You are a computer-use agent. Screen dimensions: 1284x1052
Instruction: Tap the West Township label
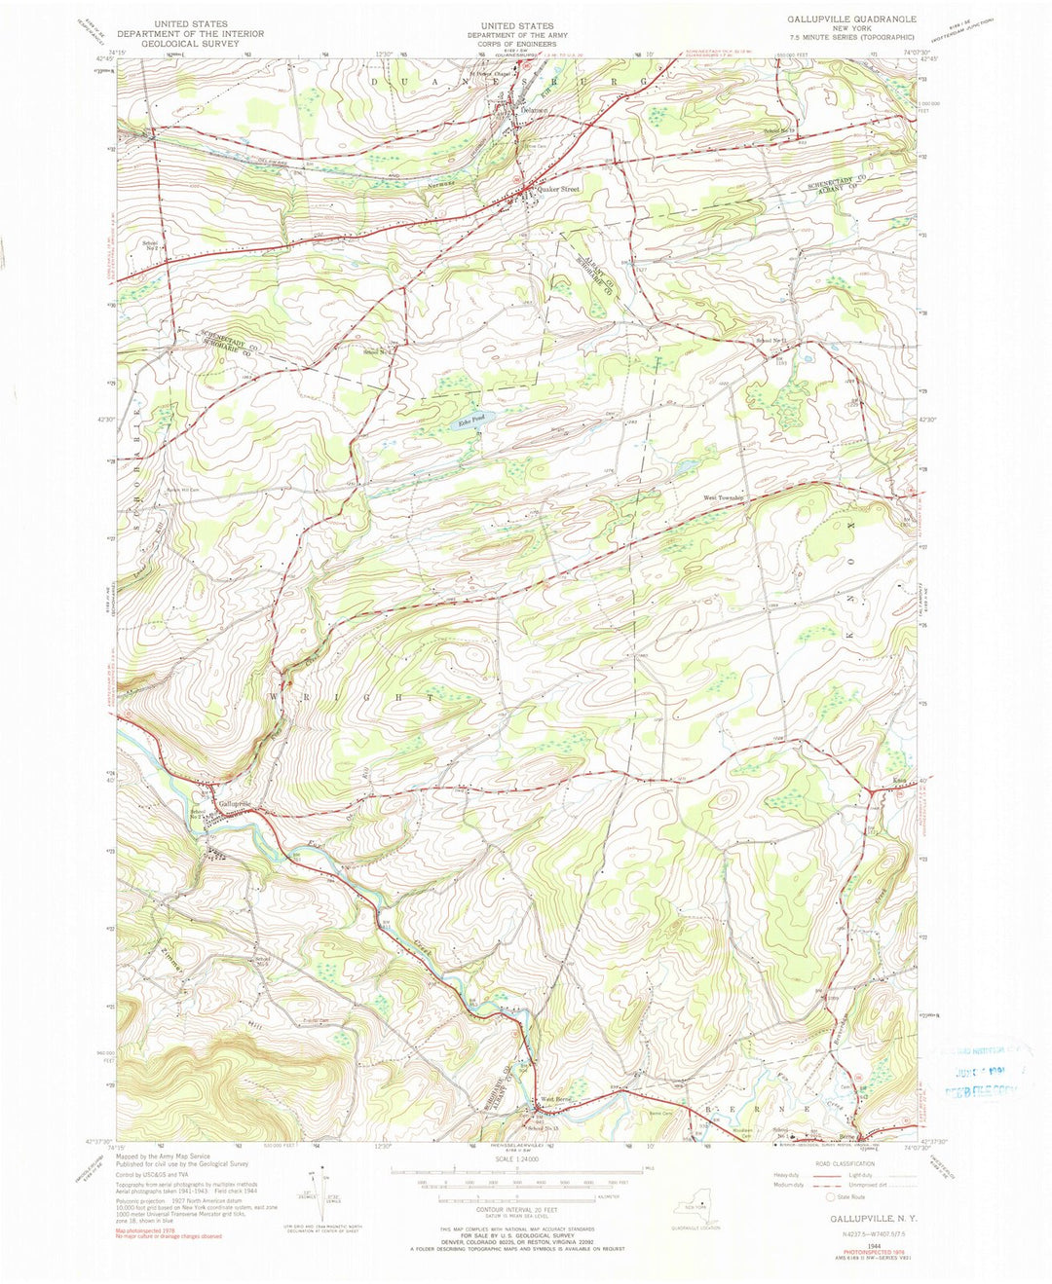tap(725, 498)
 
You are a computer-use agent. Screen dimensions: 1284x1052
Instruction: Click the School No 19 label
tap(779, 130)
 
